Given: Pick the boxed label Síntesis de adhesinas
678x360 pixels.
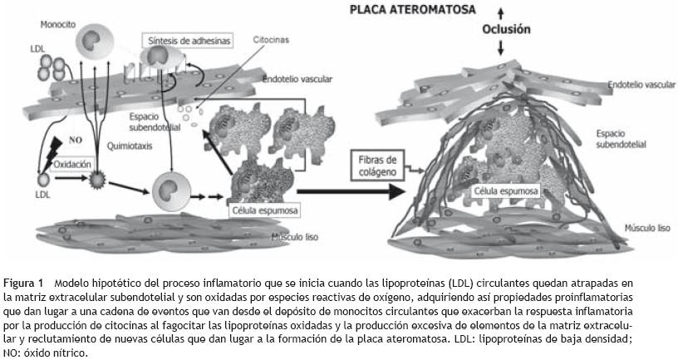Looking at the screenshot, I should [187, 39].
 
